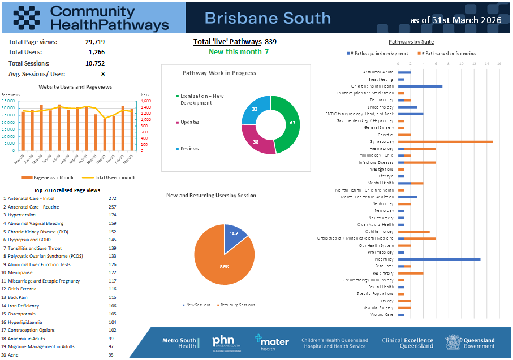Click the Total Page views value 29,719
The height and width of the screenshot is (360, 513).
tap(95, 42)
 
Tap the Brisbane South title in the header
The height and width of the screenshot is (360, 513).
tap(267, 18)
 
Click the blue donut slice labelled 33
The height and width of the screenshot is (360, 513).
tap(254, 109)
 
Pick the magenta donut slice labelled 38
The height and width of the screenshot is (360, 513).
tap(256, 141)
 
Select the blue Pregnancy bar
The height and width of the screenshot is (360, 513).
tap(439, 259)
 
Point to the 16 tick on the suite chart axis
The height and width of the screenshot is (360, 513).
tap(499, 64)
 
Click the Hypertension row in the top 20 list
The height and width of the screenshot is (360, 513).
tap(21, 215)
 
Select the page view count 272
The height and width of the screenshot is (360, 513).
tap(112, 199)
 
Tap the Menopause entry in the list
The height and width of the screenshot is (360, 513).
tap(20, 273)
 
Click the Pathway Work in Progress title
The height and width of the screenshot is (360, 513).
tap(219, 73)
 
